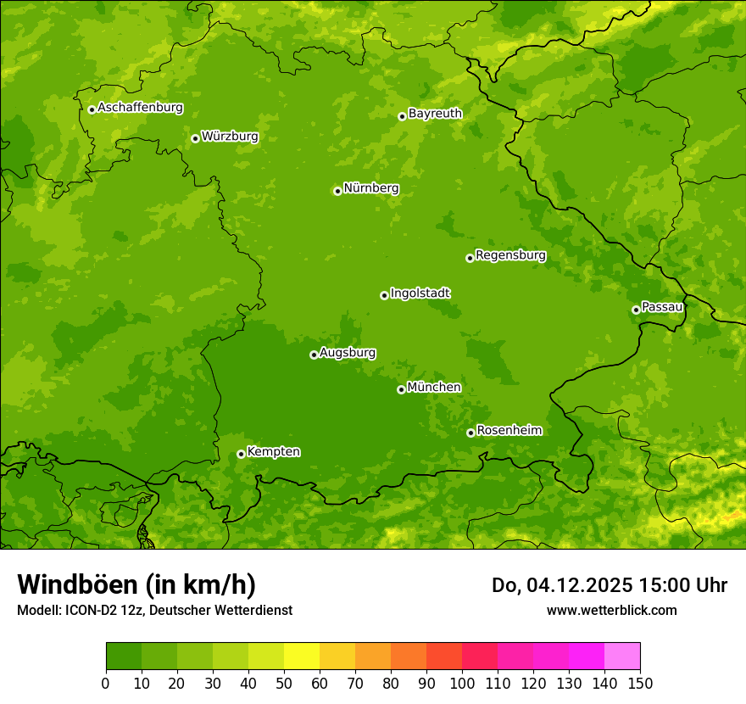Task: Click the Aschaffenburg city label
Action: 140,108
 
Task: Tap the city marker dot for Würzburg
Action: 195,138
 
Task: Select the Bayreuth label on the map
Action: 435,114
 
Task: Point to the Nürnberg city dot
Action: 337,191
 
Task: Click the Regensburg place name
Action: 510,255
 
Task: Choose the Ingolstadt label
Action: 420,293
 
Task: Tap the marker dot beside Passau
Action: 636,310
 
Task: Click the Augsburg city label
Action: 348,353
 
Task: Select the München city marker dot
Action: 401,389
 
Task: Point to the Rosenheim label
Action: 509,431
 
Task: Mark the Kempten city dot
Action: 241,454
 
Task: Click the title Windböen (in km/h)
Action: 136,584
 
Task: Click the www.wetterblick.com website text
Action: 611,610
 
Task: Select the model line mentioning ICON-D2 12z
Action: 154,610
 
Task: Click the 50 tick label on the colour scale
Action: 283,683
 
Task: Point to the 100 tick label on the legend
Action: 461,683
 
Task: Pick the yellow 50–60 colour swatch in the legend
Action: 301,657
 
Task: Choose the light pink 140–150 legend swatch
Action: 621,657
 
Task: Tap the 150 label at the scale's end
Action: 640,683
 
